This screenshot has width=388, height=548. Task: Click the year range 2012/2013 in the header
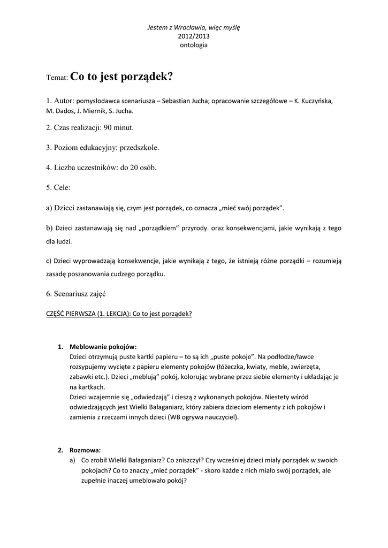click(194, 36)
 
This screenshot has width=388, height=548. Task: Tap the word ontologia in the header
click(194, 45)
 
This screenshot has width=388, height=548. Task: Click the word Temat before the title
click(57, 78)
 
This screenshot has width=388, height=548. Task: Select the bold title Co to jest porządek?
click(121, 76)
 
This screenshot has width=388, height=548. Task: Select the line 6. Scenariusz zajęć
click(76, 294)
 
